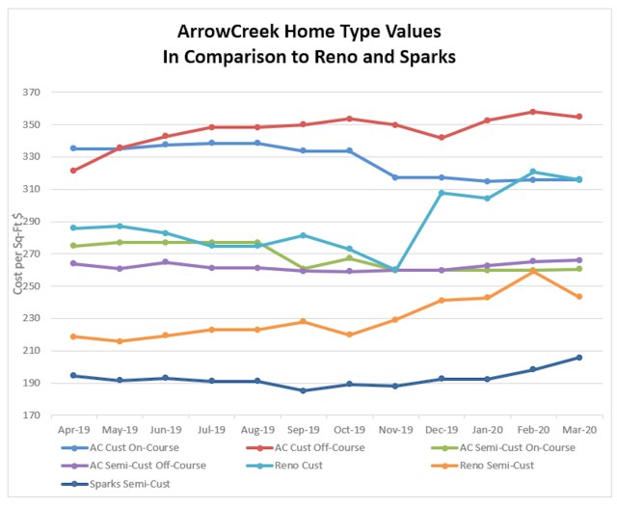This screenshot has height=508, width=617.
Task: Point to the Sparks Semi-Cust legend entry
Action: click(x=135, y=483)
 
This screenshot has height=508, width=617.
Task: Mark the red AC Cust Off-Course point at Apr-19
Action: click(x=74, y=171)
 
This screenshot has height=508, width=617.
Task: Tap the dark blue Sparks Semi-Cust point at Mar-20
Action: click(x=578, y=358)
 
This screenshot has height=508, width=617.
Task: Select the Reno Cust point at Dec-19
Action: click(x=441, y=193)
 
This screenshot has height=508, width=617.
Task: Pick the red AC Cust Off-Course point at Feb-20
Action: click(x=532, y=112)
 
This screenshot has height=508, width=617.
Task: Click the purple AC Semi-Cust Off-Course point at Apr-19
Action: click(x=74, y=263)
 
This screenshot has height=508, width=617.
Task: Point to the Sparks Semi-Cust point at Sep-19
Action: click(x=303, y=390)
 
